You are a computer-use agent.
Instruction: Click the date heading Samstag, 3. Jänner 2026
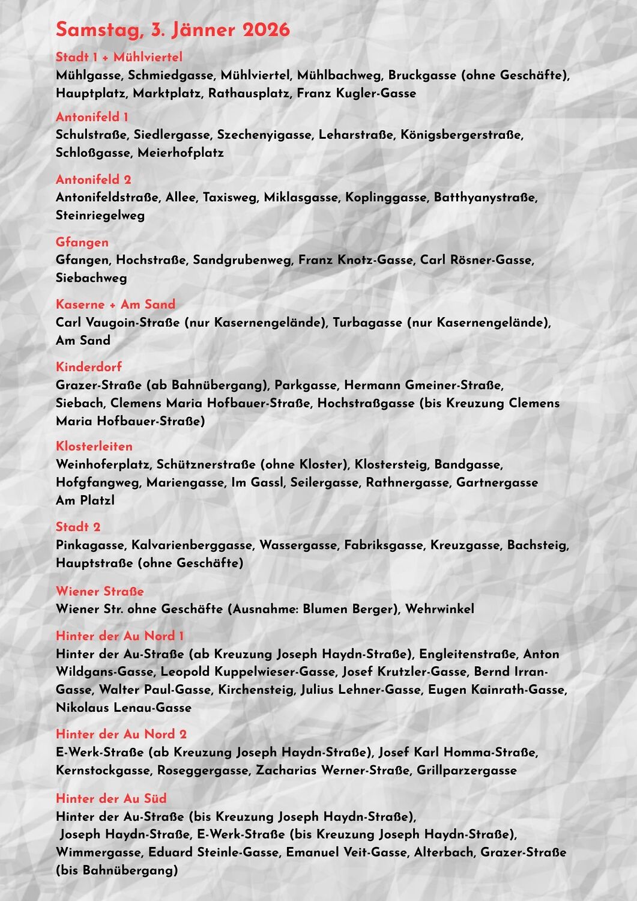(172, 30)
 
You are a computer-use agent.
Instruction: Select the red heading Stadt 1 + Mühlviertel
(119, 57)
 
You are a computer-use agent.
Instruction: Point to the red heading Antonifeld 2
(93, 180)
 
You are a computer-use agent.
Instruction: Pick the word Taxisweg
(230, 198)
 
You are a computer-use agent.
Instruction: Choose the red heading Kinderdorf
(88, 367)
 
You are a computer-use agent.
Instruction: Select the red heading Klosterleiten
(94, 446)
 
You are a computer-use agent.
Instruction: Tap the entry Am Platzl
(85, 500)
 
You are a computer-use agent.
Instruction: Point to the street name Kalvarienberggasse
(192, 545)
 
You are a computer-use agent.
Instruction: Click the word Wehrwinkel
(439, 609)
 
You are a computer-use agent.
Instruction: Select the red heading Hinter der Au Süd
(111, 798)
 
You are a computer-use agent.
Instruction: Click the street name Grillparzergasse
(466, 770)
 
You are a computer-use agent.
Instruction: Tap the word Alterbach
(444, 852)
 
